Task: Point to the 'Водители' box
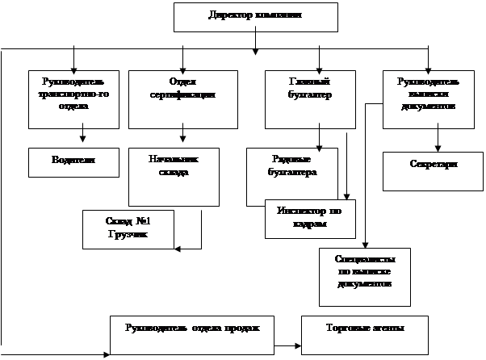pos(73,161)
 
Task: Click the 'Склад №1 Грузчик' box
pos(128,228)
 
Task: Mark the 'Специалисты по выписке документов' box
pos(365,276)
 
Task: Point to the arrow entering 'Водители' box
pos(82,136)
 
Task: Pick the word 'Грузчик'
pos(128,236)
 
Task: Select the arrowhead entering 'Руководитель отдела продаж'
pos(106,353)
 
